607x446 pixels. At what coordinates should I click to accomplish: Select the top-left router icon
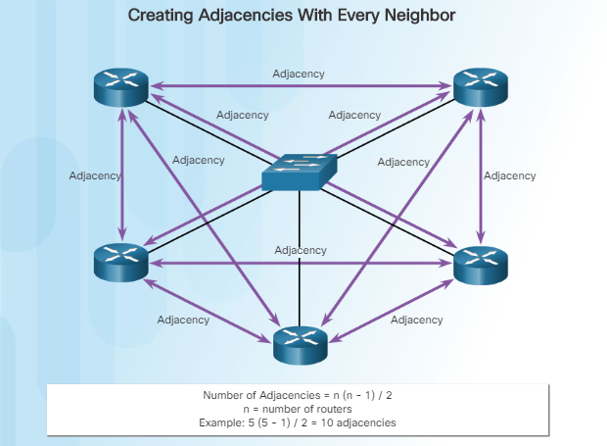click(x=121, y=86)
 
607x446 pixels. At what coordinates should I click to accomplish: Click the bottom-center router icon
click(x=301, y=342)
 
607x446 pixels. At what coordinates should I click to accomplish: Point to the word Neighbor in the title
click(x=420, y=17)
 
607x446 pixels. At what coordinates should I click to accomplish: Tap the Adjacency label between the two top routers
click(x=299, y=74)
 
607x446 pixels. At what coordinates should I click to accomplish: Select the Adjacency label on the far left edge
click(x=95, y=176)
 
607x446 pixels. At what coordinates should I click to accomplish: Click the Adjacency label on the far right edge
click(x=510, y=176)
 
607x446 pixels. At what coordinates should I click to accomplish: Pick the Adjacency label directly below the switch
click(x=300, y=250)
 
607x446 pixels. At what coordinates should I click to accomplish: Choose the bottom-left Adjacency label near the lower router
click(x=183, y=320)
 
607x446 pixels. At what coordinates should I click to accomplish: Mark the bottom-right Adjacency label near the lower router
click(x=416, y=320)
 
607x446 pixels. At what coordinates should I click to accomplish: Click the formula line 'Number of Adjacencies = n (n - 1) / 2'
click(x=298, y=395)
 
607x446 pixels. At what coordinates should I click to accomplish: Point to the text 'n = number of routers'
click(x=298, y=408)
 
